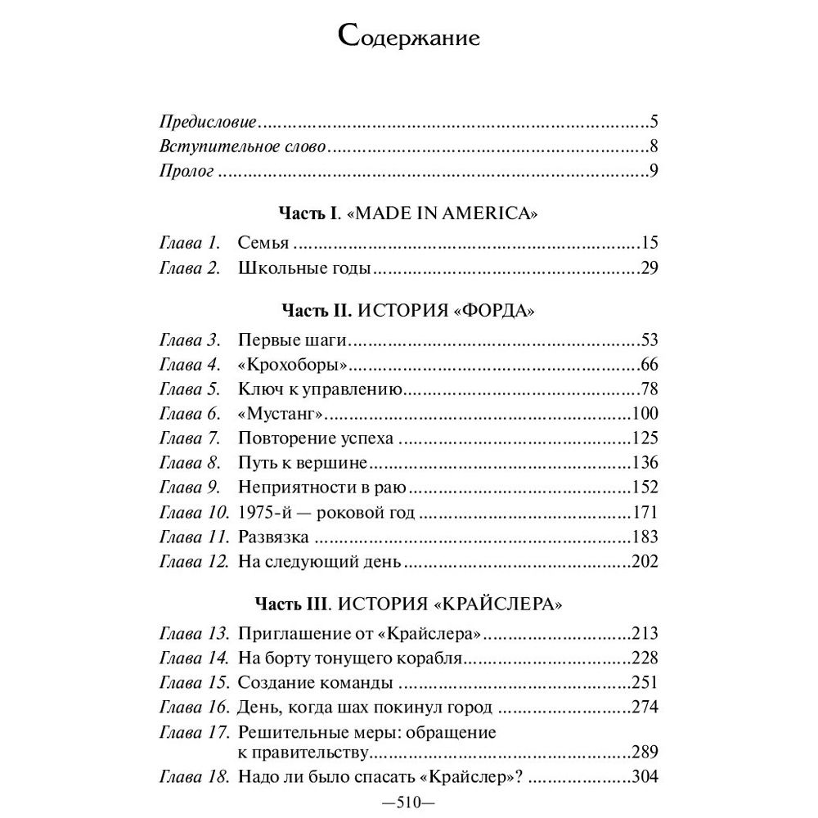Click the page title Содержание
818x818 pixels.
[x=408, y=38]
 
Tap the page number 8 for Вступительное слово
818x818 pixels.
[x=654, y=147]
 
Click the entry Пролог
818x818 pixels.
[x=186, y=172]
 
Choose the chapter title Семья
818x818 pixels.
[x=265, y=243]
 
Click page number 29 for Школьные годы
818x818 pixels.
[x=649, y=267]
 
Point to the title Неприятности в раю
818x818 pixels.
[x=322, y=488]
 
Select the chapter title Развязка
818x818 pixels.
[x=273, y=537]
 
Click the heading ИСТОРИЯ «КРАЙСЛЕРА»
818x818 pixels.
[x=473, y=605]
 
